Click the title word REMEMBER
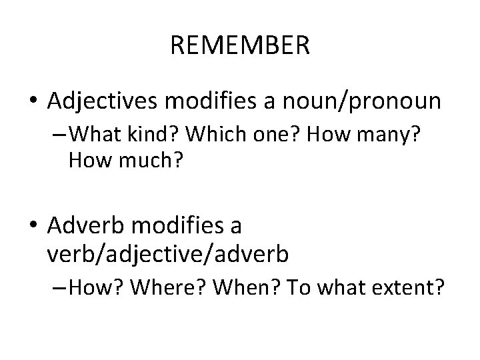tap(240, 46)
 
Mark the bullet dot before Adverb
tap(33, 227)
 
